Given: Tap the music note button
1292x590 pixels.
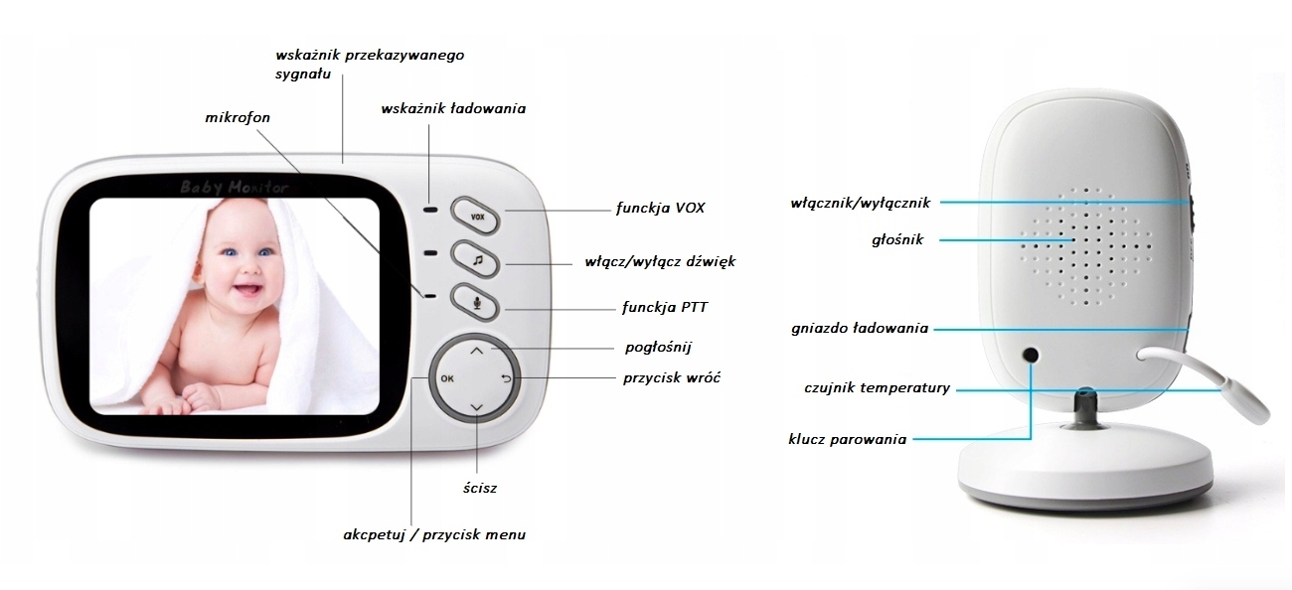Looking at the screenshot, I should pyautogui.click(x=476, y=258).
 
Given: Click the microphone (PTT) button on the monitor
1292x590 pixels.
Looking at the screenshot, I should pyautogui.click(x=476, y=302).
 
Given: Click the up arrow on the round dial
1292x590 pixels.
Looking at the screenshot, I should pyautogui.click(x=476, y=351).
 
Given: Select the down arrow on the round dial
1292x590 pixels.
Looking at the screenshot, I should pyautogui.click(x=476, y=408).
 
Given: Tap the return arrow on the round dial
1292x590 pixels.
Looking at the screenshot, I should pyautogui.click(x=506, y=378).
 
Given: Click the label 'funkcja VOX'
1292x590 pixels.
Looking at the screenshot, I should pyautogui.click(x=661, y=209).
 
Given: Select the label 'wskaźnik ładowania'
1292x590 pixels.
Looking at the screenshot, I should pyautogui.click(x=453, y=108).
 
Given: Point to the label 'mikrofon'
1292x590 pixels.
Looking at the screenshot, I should pyautogui.click(x=238, y=117).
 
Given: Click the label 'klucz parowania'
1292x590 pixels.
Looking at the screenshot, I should pyautogui.click(x=847, y=438).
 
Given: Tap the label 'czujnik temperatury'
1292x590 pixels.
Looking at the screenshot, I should pyautogui.click(x=877, y=387).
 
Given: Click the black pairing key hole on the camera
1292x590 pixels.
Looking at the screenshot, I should pyautogui.click(x=1031, y=355).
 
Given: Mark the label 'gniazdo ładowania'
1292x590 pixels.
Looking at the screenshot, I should pyautogui.click(x=860, y=328).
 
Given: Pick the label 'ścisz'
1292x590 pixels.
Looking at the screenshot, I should pyautogui.click(x=479, y=488).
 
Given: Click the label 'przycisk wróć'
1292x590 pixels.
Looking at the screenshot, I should pyautogui.click(x=671, y=377).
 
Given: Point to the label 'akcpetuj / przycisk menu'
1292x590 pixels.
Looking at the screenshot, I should pyautogui.click(x=433, y=534).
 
